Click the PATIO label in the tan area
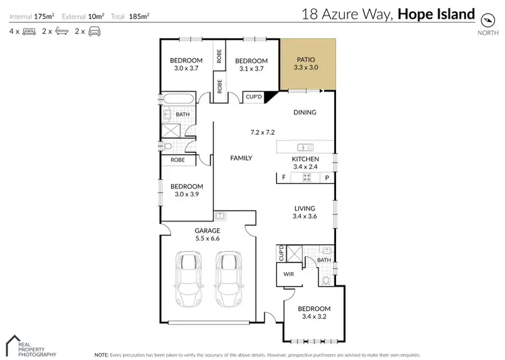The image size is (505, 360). (x=306, y=59)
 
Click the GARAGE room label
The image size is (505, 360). (x=207, y=230)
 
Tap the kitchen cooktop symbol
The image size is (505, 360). (x=306, y=178)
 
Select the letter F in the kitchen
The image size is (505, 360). (x=283, y=178)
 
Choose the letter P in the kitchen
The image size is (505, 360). (x=327, y=178)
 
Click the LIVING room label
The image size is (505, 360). (x=306, y=208)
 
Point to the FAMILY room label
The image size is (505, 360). (x=241, y=158)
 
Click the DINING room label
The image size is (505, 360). (x=305, y=112)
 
